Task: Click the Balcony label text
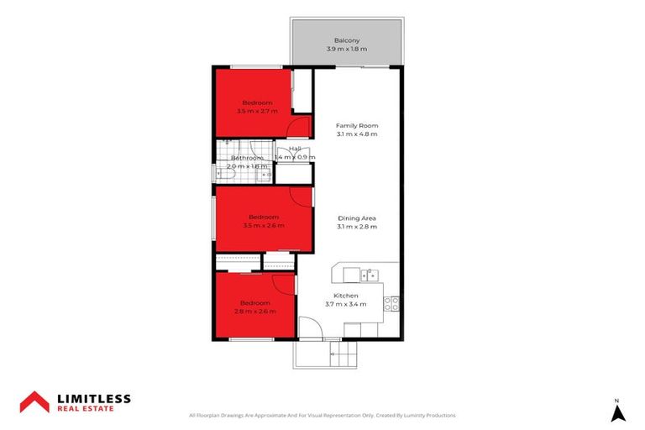coord(347,40)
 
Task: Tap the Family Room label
coord(357,125)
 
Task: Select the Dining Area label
coord(357,218)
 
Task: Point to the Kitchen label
coord(345,296)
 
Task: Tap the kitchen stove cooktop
coord(391,304)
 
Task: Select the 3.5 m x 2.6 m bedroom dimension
coord(263,225)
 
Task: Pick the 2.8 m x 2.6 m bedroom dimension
coord(254,312)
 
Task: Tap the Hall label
coord(307,149)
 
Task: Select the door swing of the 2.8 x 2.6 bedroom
coord(285,283)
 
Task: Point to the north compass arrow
coord(617,412)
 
